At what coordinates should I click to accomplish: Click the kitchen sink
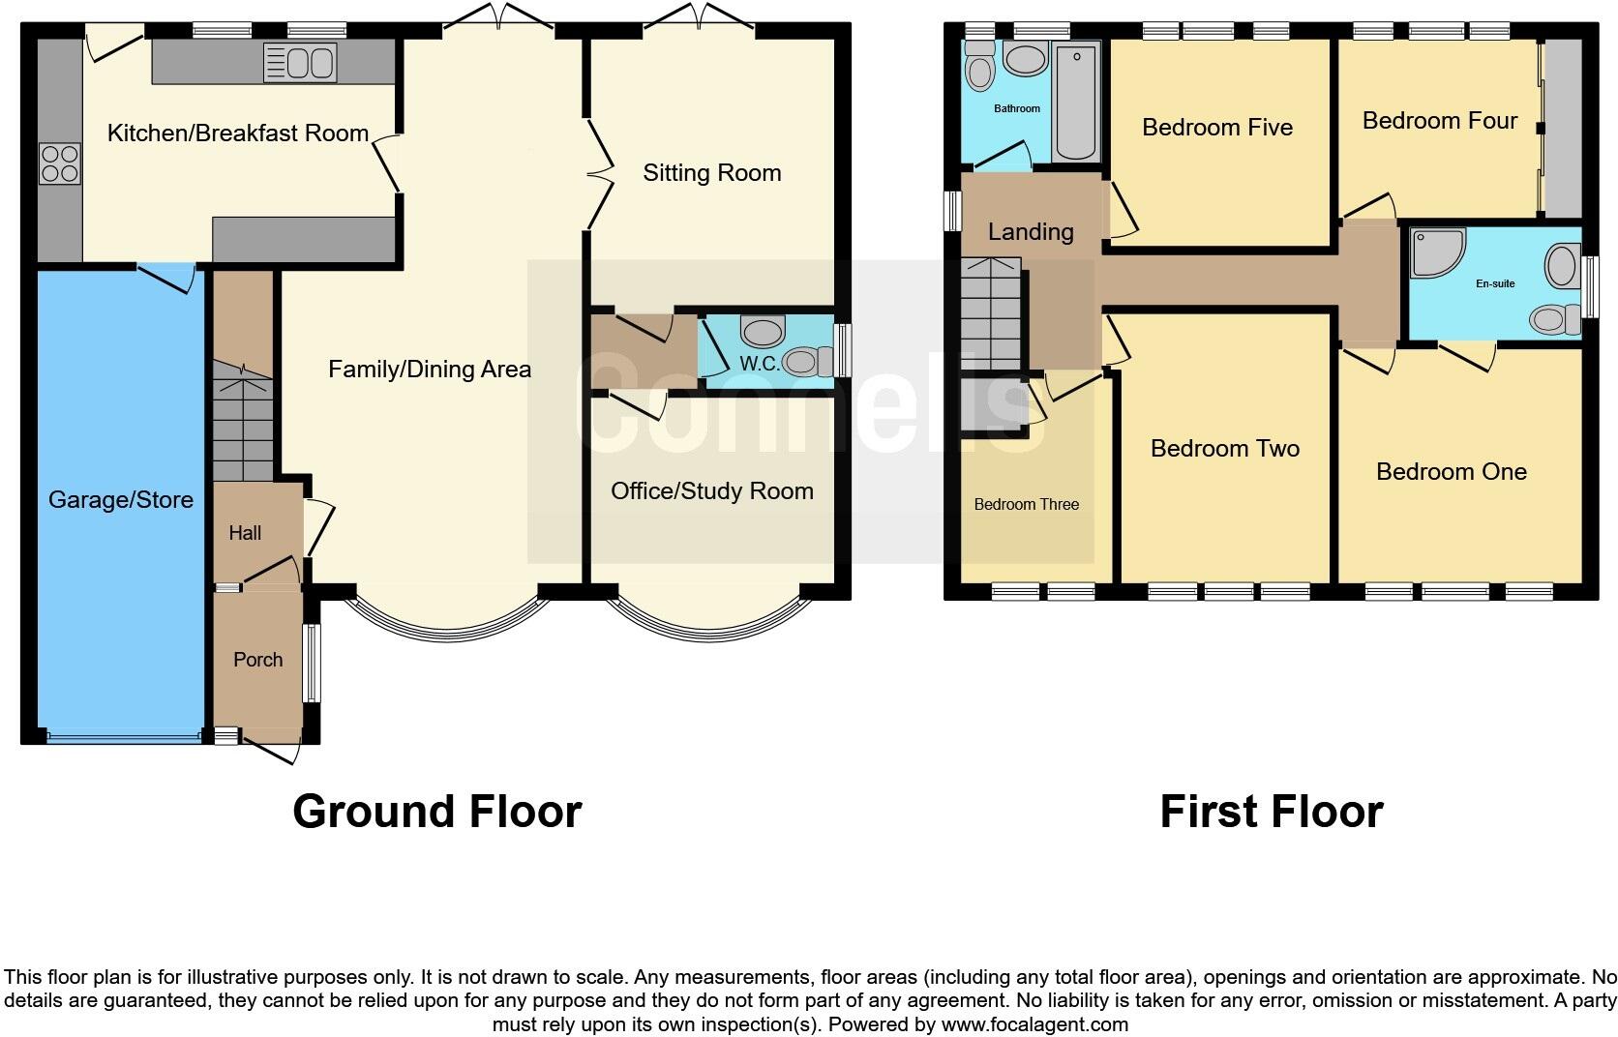point(300,63)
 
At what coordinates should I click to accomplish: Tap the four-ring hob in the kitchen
point(59,163)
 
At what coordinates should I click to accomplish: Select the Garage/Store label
point(121,500)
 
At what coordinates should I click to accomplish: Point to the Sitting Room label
point(711,173)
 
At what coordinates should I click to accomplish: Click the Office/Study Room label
point(711,491)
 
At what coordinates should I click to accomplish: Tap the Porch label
point(257,660)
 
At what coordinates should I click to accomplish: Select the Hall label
point(245,533)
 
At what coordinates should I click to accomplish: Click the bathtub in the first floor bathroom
point(1076,102)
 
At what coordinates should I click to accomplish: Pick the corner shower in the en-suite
point(1436,252)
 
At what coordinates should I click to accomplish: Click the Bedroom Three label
point(1026,505)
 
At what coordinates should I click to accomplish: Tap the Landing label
point(1030,232)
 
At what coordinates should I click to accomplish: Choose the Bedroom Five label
point(1216,128)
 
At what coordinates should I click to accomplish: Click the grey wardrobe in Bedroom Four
point(1562,128)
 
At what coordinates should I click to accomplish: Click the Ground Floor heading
point(436,812)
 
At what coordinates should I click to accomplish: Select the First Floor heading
point(1271,812)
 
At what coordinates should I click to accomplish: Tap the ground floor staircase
point(243,421)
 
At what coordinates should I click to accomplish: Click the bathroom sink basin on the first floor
point(1025,59)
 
